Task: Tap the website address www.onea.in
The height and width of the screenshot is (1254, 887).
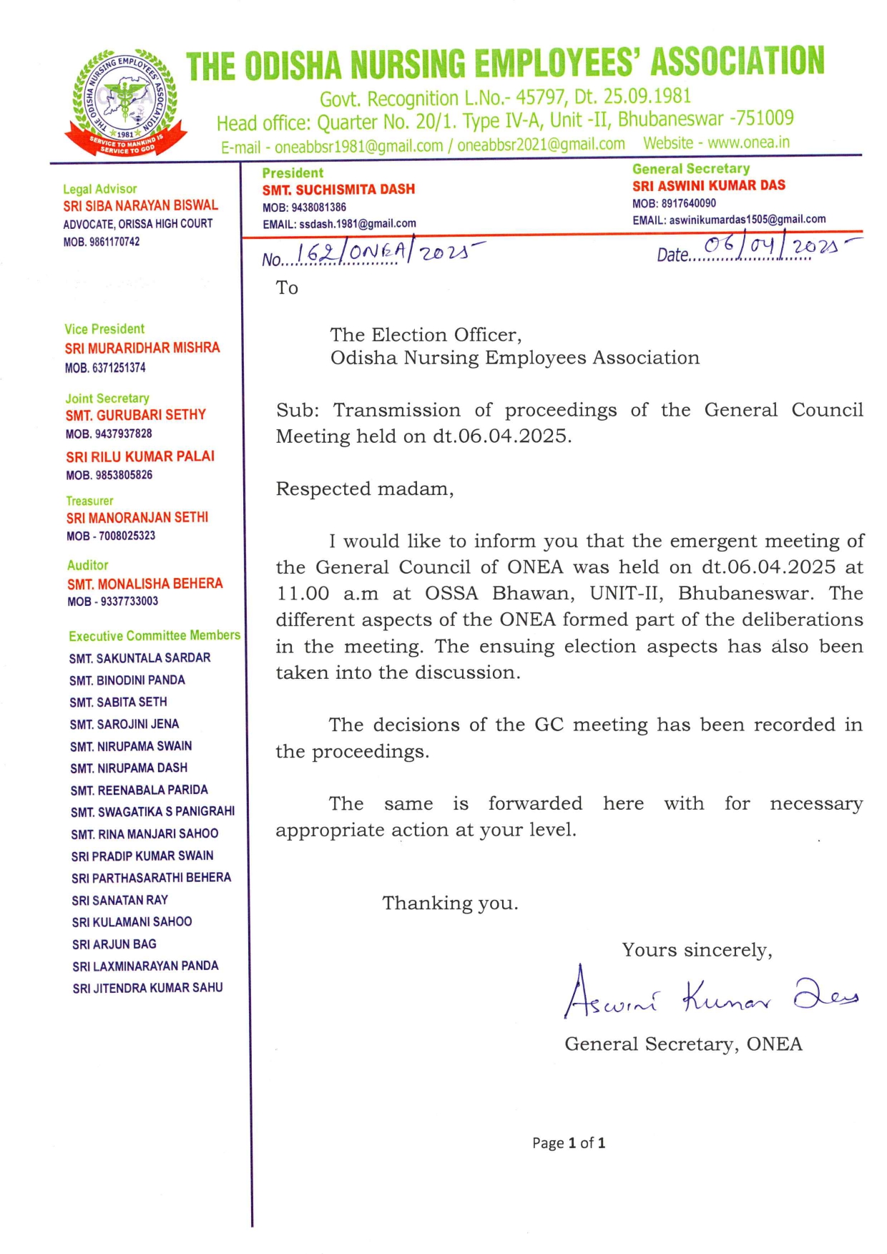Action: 716,142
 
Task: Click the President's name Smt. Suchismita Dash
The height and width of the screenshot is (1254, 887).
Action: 338,190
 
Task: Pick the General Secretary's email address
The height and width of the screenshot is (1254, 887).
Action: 747,220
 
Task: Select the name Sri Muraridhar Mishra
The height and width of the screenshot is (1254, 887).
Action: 142,348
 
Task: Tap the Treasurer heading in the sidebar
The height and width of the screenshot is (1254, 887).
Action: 89,501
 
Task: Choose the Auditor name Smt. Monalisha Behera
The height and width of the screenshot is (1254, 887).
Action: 145,584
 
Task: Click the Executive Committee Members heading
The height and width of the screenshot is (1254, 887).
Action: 155,635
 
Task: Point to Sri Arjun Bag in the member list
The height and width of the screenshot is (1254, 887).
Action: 114,944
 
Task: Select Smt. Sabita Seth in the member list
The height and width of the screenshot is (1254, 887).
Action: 118,702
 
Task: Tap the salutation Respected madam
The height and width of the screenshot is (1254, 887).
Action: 365,489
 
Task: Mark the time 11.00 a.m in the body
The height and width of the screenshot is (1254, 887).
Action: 328,594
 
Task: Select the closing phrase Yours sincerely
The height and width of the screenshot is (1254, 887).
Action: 697,950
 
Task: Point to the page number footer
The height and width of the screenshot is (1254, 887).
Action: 569,1143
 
